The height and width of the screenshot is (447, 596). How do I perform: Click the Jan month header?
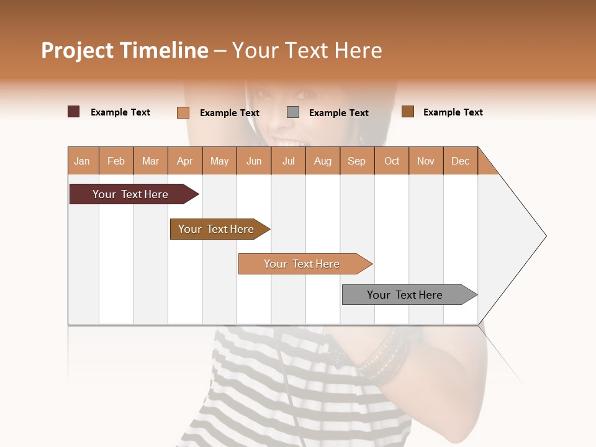[82, 161]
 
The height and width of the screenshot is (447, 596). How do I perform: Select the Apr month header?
[184, 161]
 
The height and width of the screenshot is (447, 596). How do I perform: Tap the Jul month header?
[288, 161]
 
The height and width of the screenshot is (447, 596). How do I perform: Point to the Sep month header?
[356, 161]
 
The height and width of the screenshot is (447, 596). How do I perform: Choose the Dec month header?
[460, 161]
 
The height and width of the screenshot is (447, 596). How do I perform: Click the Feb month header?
[116, 161]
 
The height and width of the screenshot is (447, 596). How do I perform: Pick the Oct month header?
[392, 161]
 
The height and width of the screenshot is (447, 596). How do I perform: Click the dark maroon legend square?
[73, 112]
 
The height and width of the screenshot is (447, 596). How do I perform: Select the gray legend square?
[293, 112]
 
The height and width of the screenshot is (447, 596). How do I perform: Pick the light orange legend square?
[183, 112]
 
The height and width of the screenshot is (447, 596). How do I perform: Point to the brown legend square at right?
[407, 112]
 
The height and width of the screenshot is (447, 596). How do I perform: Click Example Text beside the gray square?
[338, 113]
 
